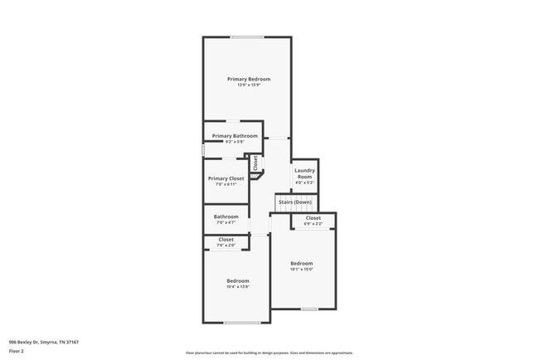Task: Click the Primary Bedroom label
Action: click(249, 79)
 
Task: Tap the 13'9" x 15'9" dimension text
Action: click(249, 85)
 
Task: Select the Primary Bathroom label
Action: click(235, 135)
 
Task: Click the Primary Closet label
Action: click(226, 178)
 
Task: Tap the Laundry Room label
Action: click(304, 173)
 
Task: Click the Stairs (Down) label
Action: click(295, 202)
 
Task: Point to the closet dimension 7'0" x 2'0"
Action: click(226, 246)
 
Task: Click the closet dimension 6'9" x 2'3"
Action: click(313, 224)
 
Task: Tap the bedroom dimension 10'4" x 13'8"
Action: click(238, 287)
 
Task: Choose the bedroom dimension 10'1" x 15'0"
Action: click(301, 269)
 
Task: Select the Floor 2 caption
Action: click(17, 351)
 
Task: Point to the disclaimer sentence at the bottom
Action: click(269, 353)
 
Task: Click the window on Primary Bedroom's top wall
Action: click(247, 36)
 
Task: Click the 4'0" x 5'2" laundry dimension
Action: click(304, 182)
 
